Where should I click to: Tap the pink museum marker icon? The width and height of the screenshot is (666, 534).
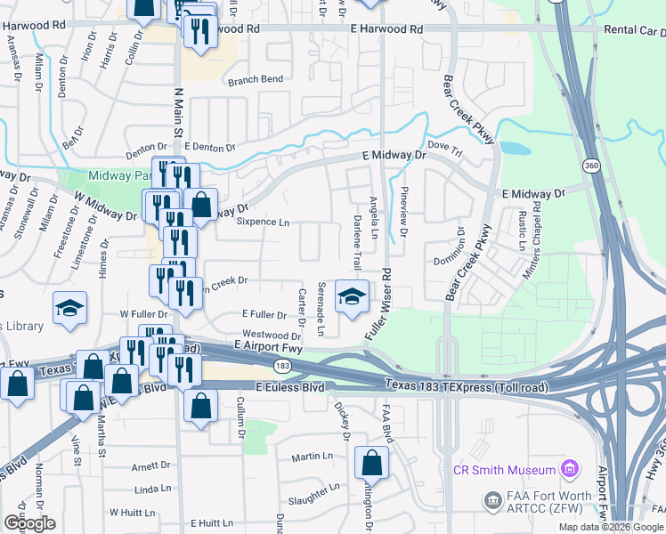pos(570,469)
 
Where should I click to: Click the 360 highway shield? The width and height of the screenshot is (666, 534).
pos(591,166)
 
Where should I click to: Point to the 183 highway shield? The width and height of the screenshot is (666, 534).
pos(282,365)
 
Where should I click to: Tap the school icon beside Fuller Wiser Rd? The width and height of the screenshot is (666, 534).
pos(352,297)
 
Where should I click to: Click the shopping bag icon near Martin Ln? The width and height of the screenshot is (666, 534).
pos(371,463)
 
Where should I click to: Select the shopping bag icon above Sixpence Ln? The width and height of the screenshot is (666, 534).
pos(202,205)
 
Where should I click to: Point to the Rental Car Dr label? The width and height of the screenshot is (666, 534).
pos(634,29)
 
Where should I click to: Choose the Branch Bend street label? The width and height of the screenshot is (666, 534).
pos(256,79)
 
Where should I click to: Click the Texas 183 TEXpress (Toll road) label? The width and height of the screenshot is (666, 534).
pos(466,384)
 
